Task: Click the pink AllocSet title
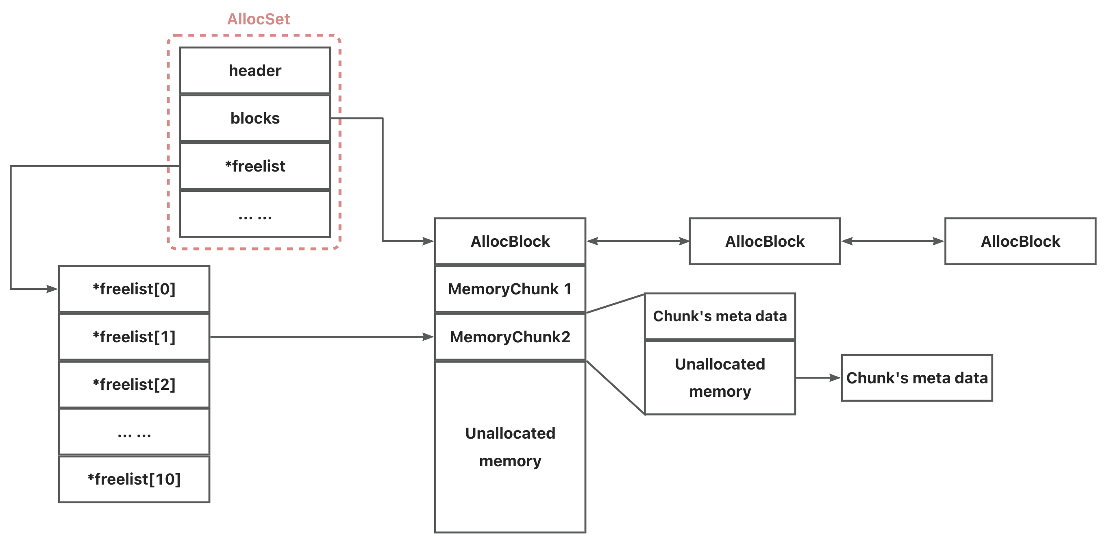[258, 19]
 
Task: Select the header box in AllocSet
[255, 70]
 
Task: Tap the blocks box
[255, 118]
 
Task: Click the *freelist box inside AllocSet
[255, 166]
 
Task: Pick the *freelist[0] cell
[134, 289]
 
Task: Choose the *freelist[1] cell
[134, 337]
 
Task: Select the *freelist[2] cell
[134, 385]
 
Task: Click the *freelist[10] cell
[134, 479]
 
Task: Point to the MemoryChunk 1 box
[510, 289]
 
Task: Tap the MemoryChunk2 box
[510, 337]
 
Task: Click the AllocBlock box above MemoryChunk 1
[510, 241]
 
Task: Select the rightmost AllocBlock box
[1020, 241]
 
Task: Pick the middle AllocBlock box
[765, 241]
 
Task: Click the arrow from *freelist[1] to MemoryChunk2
[322, 337]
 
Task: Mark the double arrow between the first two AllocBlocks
[638, 241]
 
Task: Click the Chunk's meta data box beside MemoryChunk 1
[720, 316]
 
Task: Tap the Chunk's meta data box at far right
[917, 378]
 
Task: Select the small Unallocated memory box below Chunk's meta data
[720, 378]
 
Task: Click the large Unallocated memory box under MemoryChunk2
[510, 447]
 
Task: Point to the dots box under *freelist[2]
[134, 432]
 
